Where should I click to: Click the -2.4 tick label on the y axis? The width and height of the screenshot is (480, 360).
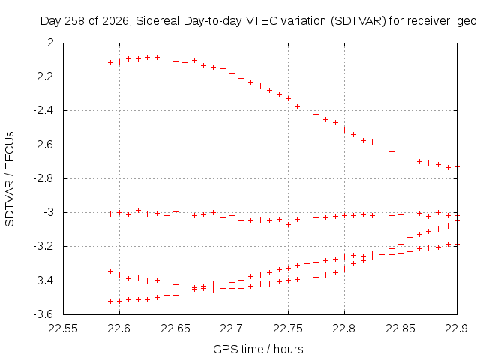pos(43,110)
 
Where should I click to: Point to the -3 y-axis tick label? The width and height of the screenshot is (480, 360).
pos(48,212)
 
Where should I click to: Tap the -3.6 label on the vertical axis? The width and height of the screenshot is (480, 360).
pos(43,314)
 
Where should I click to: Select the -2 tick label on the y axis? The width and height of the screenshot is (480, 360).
pos(48,42)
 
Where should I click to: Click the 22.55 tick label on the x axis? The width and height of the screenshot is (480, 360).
pos(63,328)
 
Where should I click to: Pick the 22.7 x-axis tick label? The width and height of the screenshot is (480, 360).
pos(232,328)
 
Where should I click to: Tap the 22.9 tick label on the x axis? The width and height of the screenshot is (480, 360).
pos(457,328)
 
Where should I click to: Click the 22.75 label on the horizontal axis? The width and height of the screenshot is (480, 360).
pos(288,328)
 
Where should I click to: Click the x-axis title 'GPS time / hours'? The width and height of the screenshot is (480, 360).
pos(258,349)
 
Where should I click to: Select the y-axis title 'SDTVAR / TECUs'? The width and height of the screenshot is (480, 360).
pos(10,179)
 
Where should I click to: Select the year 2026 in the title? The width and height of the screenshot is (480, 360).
pos(116,22)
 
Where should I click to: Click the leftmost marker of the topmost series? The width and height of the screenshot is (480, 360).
pos(110,62)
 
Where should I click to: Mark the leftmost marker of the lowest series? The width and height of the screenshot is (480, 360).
pos(110,301)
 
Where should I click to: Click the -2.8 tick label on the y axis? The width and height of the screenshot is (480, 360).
pos(43,178)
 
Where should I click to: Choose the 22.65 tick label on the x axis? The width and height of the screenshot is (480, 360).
pos(175,328)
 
